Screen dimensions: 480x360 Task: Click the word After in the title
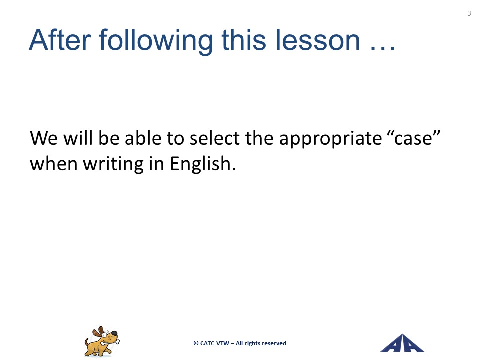tap(60, 40)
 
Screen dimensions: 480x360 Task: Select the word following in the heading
tap(156, 42)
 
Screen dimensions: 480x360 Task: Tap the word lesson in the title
tap(318, 40)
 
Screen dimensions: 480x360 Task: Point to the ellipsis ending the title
tap(383, 48)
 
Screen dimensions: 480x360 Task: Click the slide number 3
tap(469, 13)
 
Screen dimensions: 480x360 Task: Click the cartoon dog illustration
tap(102, 342)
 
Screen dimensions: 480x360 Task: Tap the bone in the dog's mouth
tap(110, 341)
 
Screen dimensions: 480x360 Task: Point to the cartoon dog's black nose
tap(114, 333)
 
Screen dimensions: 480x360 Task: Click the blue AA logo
tap(402, 343)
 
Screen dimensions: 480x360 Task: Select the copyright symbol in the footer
tap(196, 344)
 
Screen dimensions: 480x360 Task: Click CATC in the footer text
tap(207, 344)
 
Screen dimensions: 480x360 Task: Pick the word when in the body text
tap(54, 164)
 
